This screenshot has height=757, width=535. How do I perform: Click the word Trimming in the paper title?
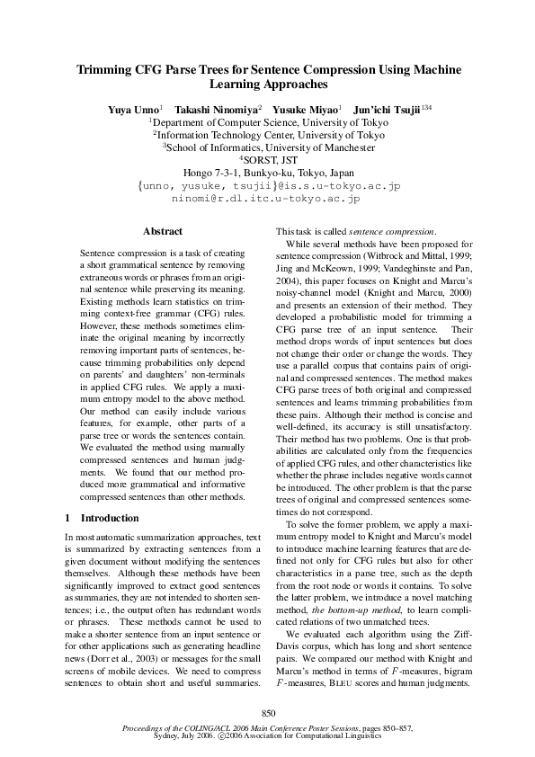coord(105,69)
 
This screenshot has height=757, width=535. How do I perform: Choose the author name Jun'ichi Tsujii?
coord(386,108)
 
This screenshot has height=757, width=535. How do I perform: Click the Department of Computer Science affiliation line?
coord(269,121)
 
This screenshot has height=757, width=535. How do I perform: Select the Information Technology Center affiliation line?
coord(269,134)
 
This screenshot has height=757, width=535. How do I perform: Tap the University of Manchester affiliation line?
coord(269,147)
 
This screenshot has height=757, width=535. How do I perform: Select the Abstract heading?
coord(163,231)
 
